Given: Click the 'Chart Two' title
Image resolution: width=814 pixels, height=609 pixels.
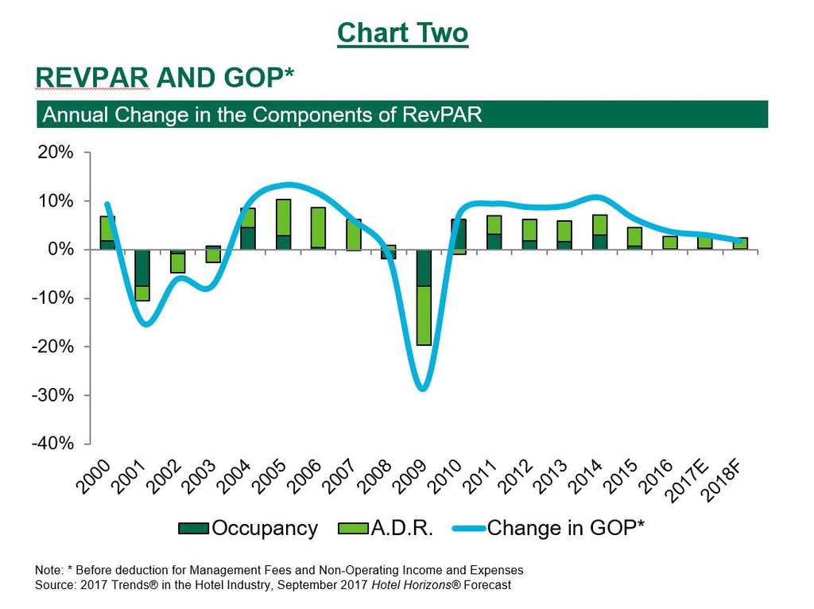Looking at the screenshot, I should coord(402,33).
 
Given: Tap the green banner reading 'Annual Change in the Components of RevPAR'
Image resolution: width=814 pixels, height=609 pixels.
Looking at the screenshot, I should coord(401,114).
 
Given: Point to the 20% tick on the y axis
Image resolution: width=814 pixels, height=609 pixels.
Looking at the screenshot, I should coord(56,153).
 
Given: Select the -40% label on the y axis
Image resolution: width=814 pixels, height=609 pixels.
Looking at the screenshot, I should coord(52,444).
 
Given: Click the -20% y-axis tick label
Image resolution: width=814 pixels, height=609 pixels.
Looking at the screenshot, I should coord(52,347).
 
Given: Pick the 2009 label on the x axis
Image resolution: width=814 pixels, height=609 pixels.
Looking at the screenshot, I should coord(410,477).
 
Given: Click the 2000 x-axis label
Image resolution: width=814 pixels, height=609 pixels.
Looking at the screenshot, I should coord(96,477).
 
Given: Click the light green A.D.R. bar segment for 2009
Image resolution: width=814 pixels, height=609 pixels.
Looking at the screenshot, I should coord(424,315).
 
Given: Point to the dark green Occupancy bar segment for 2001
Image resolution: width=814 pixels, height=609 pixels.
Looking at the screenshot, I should coord(142,268).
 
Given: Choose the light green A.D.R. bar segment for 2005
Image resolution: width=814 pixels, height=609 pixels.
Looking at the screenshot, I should coord(283,217).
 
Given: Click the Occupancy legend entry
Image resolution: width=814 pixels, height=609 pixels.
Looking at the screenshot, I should coord(248,529).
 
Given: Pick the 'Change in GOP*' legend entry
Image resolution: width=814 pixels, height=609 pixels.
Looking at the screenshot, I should coord(548,529).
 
